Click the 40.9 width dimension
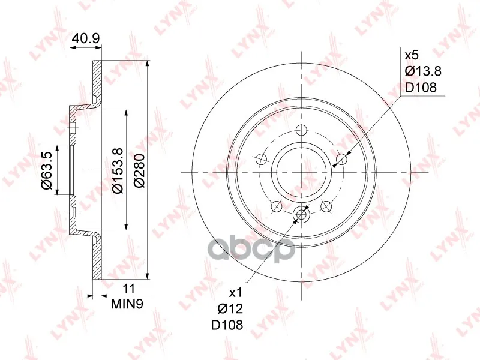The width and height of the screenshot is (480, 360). [86, 38]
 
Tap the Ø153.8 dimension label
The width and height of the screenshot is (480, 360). [118, 170]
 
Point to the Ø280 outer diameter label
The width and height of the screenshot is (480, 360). [139, 170]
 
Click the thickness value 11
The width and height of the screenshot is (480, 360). [128, 289]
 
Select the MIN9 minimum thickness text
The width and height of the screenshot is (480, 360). [127, 304]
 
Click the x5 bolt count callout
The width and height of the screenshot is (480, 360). [412, 55]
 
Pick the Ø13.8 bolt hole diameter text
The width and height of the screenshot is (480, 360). [423, 71]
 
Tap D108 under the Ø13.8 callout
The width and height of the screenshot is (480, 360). [421, 88]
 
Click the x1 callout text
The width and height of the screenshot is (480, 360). [236, 293]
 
